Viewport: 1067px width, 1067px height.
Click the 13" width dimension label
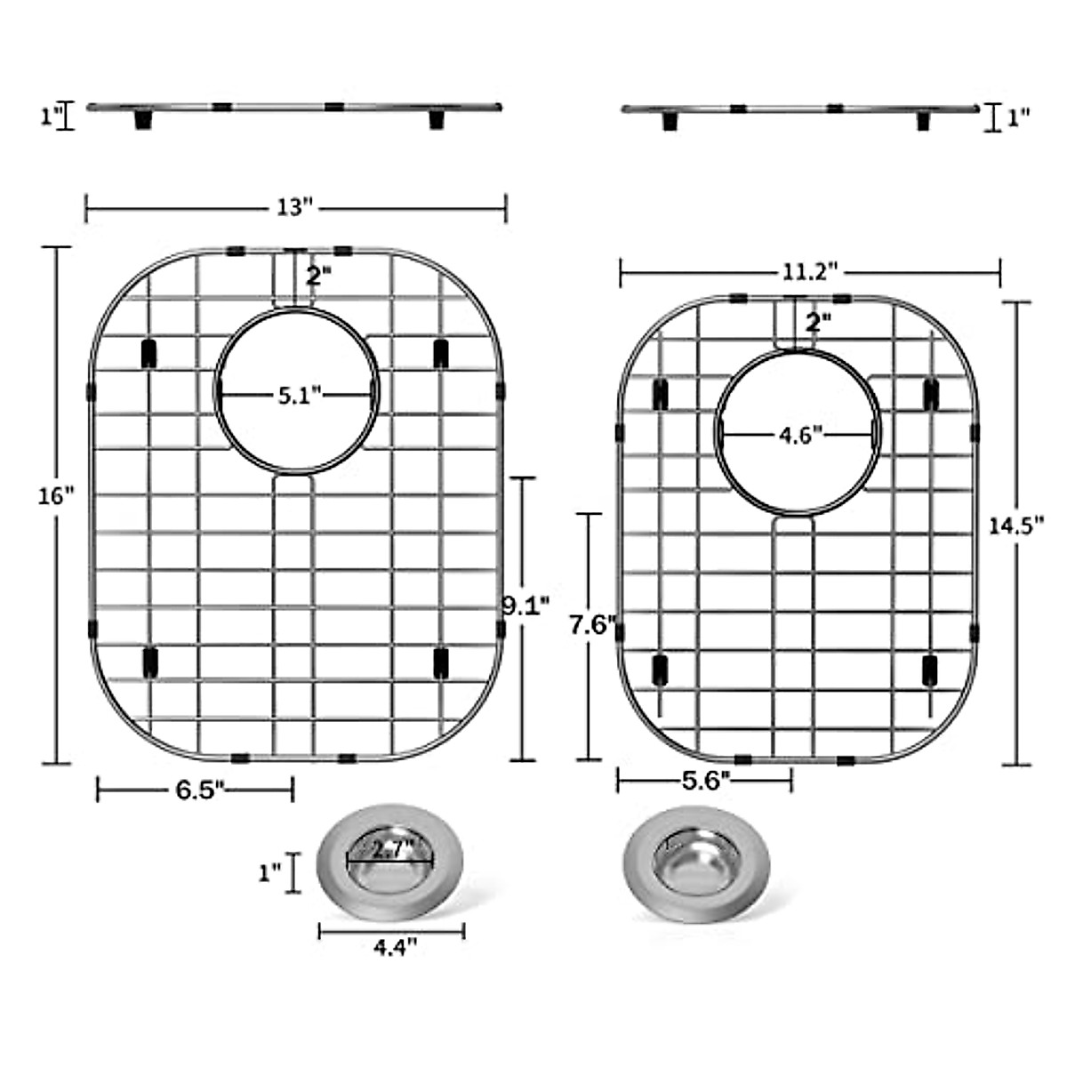(x=296, y=208)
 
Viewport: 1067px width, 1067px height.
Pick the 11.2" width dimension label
(x=810, y=272)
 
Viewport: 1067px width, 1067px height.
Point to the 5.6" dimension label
(x=706, y=781)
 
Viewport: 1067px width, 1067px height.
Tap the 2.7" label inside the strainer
(x=392, y=849)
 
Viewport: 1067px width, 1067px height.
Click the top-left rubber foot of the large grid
(x=149, y=352)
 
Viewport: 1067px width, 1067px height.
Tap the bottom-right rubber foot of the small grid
(x=930, y=670)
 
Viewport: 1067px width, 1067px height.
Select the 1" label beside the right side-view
(x=1018, y=117)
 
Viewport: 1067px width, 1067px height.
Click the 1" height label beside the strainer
(x=269, y=872)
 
